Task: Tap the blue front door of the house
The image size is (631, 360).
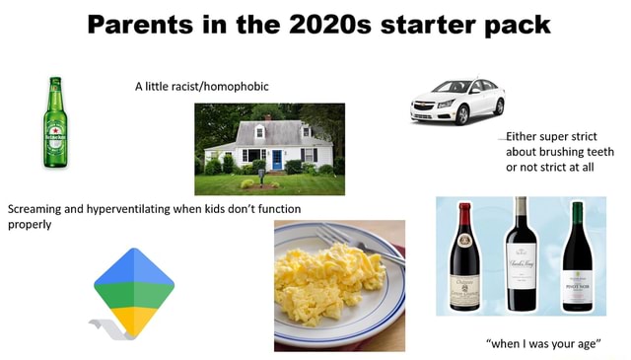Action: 277,159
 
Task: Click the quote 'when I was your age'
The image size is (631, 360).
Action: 542,343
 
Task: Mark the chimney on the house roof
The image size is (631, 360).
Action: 267,117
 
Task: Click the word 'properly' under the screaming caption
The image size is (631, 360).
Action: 30,223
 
